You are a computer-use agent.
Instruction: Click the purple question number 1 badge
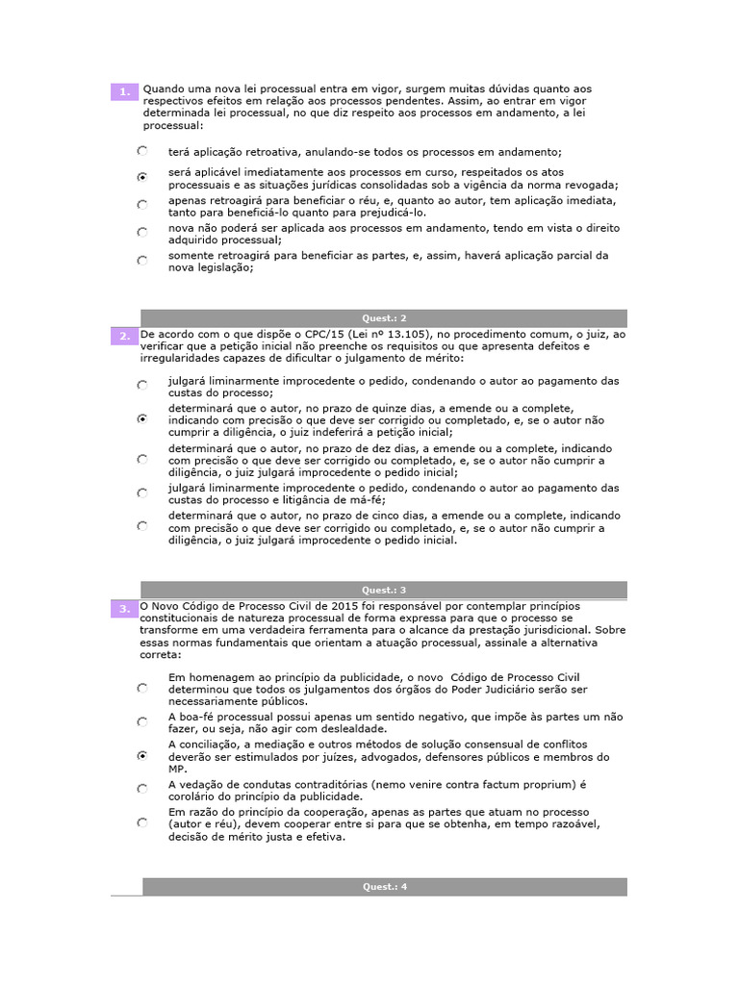pos(124,91)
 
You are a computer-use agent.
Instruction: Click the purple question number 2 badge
pos(124,336)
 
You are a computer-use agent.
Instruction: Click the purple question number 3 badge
pos(124,608)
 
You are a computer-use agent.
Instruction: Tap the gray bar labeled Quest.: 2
pos(384,318)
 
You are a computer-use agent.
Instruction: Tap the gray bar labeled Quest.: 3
pos(384,590)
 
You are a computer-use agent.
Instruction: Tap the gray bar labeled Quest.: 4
pos(384,887)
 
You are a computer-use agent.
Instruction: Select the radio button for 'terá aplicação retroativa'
pos(142,151)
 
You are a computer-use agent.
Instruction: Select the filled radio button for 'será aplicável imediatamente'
pos(142,177)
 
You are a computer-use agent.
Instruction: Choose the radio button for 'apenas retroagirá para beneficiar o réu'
pos(142,205)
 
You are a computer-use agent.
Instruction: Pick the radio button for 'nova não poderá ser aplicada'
pos(142,232)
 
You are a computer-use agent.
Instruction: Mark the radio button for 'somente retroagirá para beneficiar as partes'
pos(142,260)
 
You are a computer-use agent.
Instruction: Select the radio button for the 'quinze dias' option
pos(142,419)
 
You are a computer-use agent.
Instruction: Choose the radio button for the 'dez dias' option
pos(142,460)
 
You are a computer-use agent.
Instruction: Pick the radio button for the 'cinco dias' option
pos(142,526)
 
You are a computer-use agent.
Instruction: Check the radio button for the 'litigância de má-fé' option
pos(142,492)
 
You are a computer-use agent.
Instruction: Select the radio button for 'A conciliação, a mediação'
pos(142,756)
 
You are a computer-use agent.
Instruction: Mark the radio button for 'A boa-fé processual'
pos(142,721)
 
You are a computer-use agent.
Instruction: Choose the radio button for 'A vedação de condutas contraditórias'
pos(142,789)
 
